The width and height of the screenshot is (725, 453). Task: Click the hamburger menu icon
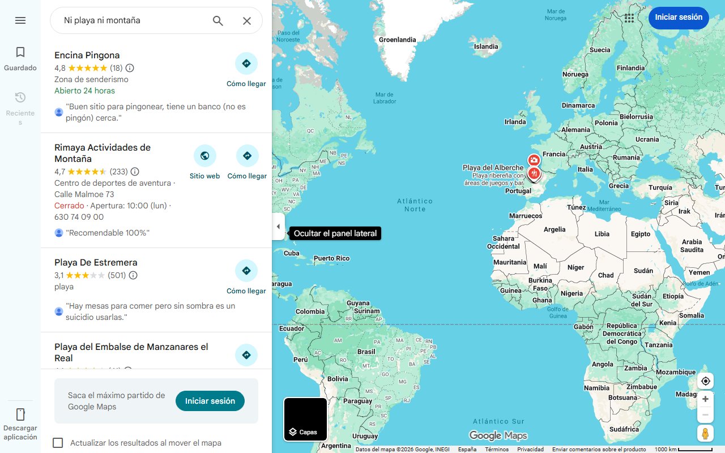pyautogui.click(x=20, y=20)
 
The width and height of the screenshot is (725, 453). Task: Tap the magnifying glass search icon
pyautogui.click(x=218, y=21)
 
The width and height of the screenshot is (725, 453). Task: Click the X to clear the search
pyautogui.click(x=247, y=21)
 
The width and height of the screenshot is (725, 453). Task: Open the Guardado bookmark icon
pyautogui.click(x=20, y=53)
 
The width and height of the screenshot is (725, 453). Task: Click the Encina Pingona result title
pyautogui.click(x=87, y=55)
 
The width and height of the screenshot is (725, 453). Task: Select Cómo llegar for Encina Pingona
pyautogui.click(x=246, y=64)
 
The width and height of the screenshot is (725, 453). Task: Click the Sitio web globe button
pyautogui.click(x=204, y=156)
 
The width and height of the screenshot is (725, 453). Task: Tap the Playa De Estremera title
pyautogui.click(x=96, y=263)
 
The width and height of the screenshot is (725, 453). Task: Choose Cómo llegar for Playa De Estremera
pyautogui.click(x=246, y=271)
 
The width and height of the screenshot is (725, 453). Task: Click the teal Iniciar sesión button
pyautogui.click(x=210, y=401)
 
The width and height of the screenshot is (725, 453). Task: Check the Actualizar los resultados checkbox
pyautogui.click(x=58, y=443)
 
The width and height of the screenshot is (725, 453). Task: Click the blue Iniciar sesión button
pyautogui.click(x=679, y=18)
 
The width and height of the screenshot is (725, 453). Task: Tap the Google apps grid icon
pyautogui.click(x=629, y=18)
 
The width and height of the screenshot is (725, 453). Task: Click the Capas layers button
pyautogui.click(x=305, y=420)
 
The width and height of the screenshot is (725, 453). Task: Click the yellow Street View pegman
pyautogui.click(x=705, y=433)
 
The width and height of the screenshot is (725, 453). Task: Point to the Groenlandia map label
pyautogui.click(x=397, y=40)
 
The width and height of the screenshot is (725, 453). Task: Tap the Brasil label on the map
pyautogui.click(x=366, y=352)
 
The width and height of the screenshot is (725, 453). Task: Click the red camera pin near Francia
pyautogui.click(x=534, y=161)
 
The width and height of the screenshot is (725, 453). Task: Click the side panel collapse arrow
pyautogui.click(x=278, y=226)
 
